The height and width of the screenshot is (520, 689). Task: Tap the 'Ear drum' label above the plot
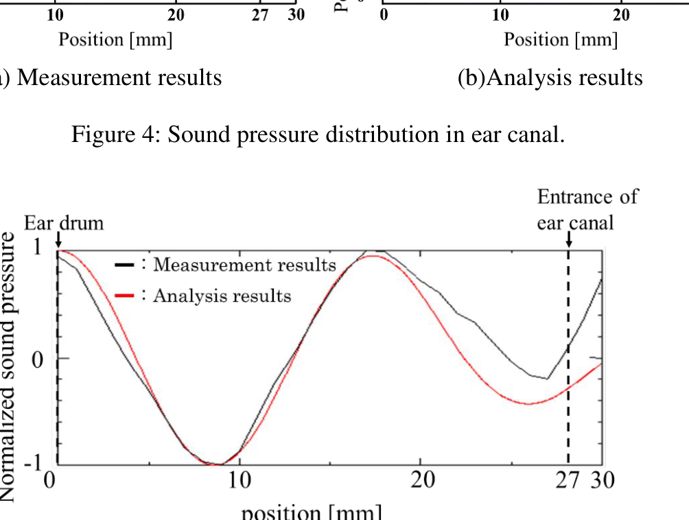click(64, 223)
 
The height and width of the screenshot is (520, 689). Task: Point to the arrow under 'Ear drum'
click(58, 239)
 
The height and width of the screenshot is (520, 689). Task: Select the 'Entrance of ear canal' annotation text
click(587, 210)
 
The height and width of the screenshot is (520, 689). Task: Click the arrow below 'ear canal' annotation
click(569, 239)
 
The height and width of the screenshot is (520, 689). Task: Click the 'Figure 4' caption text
click(318, 134)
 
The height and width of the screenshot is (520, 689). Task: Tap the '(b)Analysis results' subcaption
click(550, 78)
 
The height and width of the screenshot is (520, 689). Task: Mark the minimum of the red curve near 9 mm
click(218, 464)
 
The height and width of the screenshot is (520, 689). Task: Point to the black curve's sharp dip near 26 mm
click(547, 378)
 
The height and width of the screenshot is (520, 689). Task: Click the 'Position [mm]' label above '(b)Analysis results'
click(561, 40)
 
